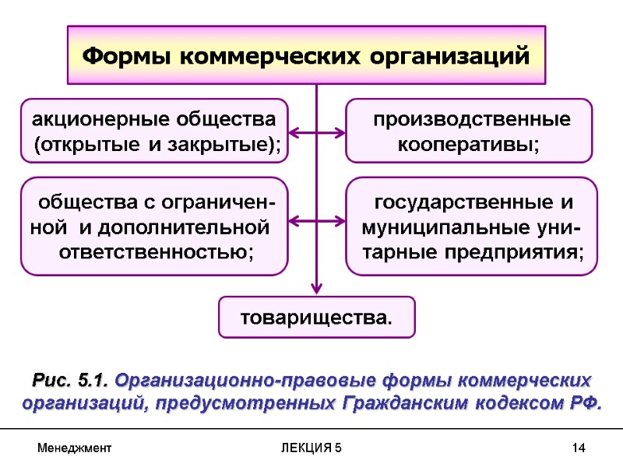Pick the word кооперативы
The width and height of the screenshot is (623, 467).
pos(468,145)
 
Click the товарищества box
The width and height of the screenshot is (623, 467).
pos(316,318)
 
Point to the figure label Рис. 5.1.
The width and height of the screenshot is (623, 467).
pos(72,381)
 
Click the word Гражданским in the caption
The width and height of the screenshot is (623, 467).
pos(406,403)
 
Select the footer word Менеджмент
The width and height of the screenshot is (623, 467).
pos(75,449)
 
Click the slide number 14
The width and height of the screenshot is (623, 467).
pos(578,449)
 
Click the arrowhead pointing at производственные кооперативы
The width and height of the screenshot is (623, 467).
pos(338,133)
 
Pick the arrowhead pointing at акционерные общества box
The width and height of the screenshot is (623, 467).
pos(295,133)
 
